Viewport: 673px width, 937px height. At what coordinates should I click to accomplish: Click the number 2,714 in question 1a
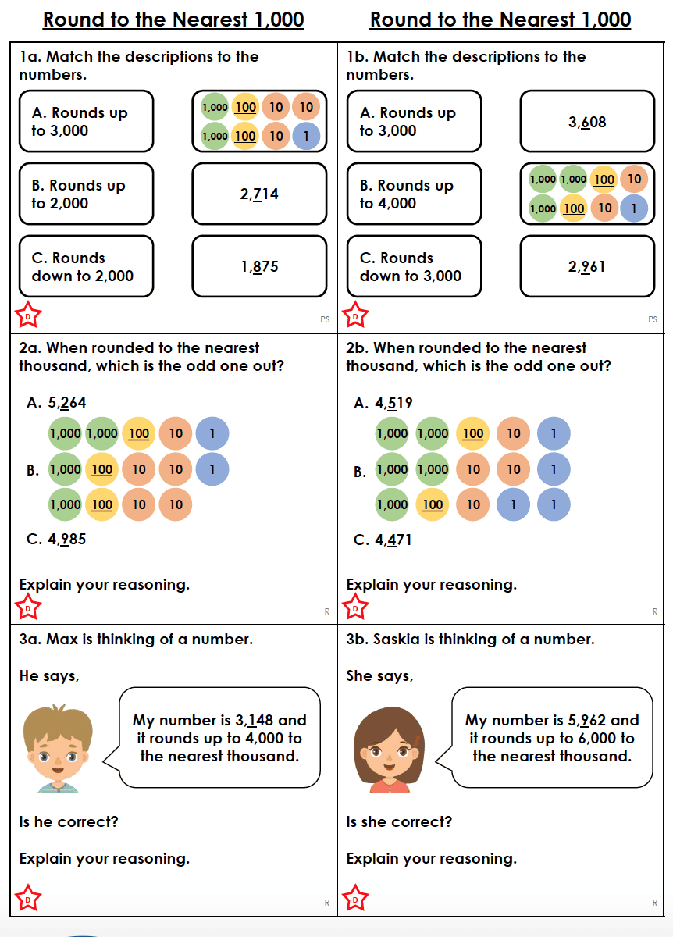(x=259, y=194)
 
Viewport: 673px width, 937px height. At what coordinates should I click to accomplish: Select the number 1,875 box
(x=259, y=267)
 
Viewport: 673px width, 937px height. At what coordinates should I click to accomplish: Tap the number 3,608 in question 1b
(x=587, y=123)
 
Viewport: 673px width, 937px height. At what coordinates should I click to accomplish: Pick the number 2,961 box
(x=587, y=267)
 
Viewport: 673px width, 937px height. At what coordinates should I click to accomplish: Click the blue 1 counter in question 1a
(x=305, y=136)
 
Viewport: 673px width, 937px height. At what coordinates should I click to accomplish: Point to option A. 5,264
(x=56, y=403)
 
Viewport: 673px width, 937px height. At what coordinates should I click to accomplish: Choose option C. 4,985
(x=56, y=540)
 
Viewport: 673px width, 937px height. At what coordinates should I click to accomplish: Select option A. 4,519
(x=383, y=403)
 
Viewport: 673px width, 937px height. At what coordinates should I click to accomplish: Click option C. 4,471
(x=383, y=540)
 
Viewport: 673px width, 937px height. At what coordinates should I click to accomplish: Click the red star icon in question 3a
(x=28, y=899)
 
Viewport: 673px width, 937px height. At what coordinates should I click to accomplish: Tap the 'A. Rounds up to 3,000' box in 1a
(x=86, y=122)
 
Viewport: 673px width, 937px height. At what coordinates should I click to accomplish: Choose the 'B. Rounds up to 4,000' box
(x=414, y=194)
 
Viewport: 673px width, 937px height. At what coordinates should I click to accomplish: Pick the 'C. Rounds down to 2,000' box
(x=86, y=267)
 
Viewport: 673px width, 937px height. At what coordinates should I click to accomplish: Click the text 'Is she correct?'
(x=399, y=821)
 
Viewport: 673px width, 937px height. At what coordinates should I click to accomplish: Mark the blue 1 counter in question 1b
(x=634, y=208)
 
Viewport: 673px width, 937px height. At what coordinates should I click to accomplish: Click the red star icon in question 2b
(x=356, y=607)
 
